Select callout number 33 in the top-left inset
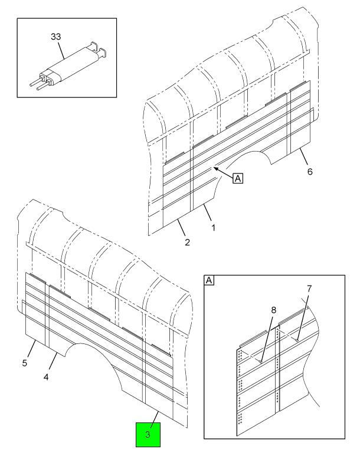(x=55, y=37)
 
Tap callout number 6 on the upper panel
(x=309, y=172)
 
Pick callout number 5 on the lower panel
(x=25, y=363)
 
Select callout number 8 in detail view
(x=273, y=309)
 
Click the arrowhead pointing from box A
(x=217, y=169)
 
